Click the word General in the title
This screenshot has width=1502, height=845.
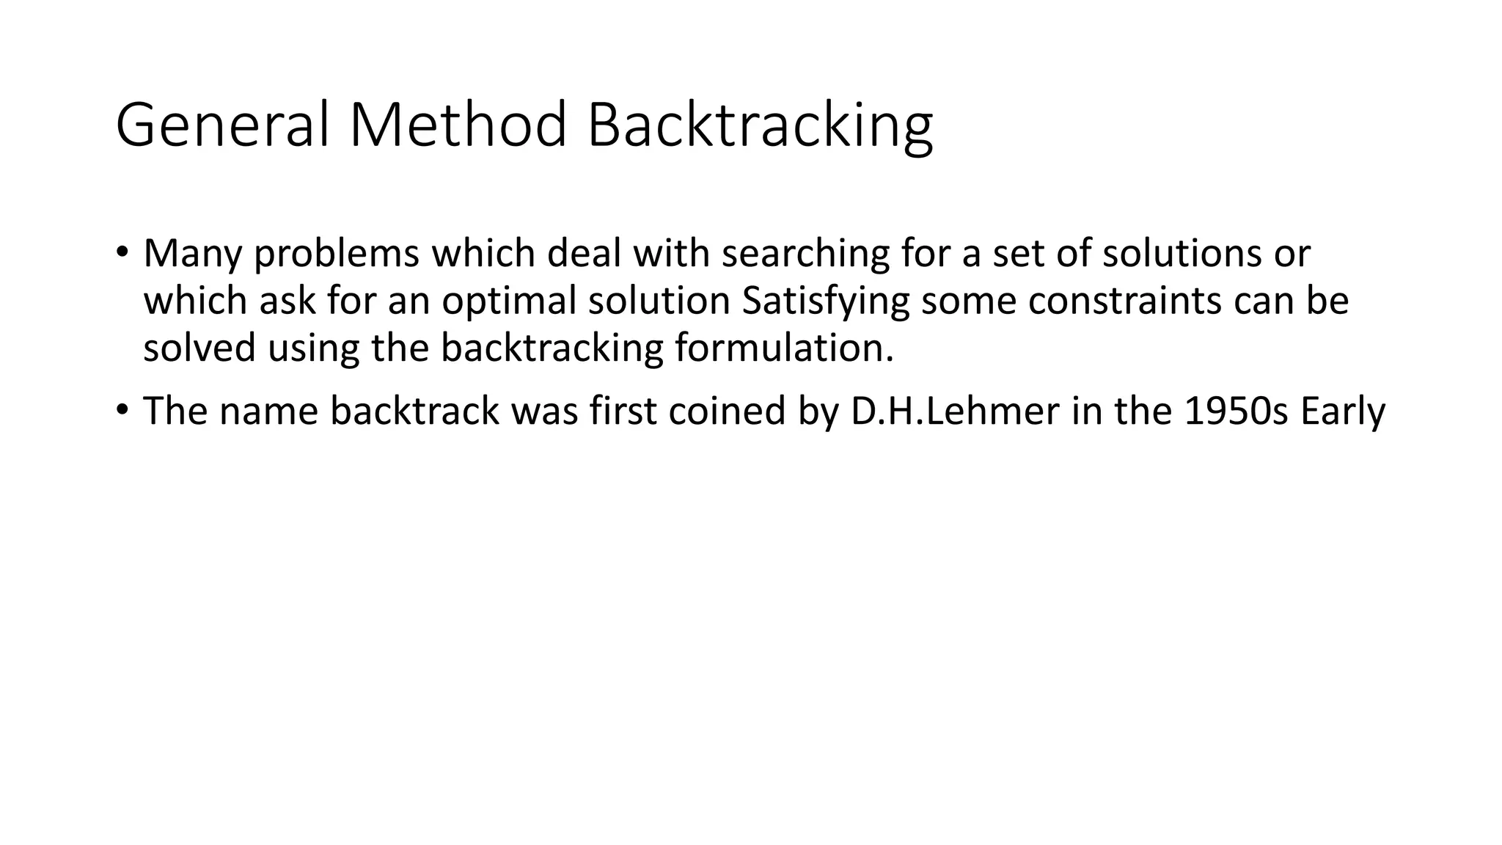[x=222, y=125]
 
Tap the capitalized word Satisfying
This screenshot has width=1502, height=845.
[x=825, y=301]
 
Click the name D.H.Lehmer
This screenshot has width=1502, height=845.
[x=955, y=411]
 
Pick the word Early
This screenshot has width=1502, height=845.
[x=1342, y=411]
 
